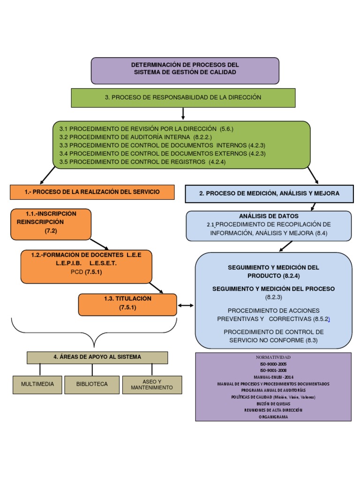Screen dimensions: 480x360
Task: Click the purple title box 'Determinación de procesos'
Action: coord(185,70)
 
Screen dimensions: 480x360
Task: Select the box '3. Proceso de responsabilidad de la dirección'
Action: coord(183,97)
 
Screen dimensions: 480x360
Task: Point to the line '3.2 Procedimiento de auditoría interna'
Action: coord(135,137)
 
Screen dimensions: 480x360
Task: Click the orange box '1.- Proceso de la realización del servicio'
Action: coord(92,192)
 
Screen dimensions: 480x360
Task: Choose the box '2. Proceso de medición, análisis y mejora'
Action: coord(269,193)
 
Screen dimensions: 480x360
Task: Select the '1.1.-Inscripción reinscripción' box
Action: coord(51,224)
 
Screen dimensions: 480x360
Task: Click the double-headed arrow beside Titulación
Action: coord(186,306)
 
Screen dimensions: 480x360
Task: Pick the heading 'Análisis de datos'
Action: coord(269,216)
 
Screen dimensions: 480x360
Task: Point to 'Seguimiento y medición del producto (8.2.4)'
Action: coord(273,271)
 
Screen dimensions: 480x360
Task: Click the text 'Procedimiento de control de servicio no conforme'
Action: coord(273,336)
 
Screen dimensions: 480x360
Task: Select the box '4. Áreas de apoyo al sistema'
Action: coord(97,357)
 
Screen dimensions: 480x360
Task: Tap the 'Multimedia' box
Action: coord(37,384)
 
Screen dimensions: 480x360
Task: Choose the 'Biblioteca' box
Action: coord(92,384)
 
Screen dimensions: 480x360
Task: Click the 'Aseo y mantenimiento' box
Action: coord(152,384)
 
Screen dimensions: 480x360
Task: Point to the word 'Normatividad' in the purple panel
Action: coord(273,357)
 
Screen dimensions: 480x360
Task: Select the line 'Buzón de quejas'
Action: coord(273,403)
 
